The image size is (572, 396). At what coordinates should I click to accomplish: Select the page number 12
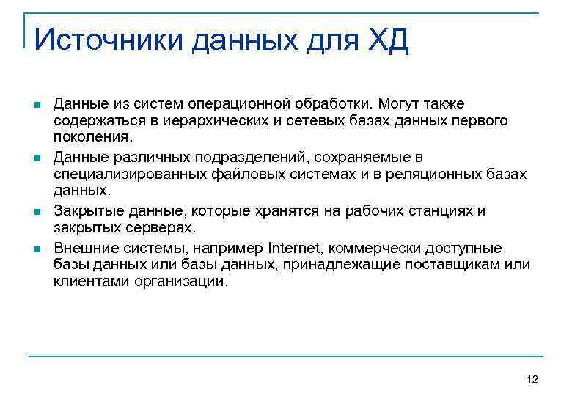532,379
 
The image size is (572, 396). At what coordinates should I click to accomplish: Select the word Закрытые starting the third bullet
85,211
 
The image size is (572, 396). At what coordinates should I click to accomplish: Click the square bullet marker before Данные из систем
37,106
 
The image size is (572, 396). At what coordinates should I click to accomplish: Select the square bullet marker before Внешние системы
37,249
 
